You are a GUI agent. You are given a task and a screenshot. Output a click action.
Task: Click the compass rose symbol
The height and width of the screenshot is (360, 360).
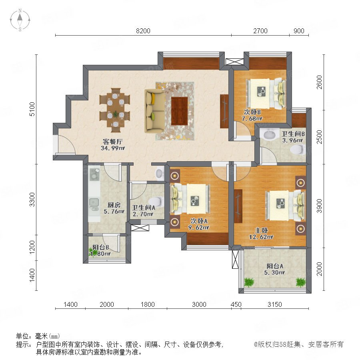click(20, 20)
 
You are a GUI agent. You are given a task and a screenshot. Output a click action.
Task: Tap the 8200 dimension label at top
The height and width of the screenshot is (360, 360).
click(143, 31)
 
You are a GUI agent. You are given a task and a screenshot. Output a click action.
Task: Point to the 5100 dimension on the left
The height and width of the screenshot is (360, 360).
click(32, 109)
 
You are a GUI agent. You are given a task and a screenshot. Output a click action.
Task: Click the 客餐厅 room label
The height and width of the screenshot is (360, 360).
click(112, 142)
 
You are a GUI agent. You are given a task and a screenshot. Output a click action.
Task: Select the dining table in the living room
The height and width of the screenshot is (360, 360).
click(114, 110)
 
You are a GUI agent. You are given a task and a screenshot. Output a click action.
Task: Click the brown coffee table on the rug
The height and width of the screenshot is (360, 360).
click(179, 111)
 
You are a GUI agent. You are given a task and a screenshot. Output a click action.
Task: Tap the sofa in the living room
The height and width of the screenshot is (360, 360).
click(154, 111)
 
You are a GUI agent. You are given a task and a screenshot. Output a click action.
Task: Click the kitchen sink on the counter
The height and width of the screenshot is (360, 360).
click(94, 204)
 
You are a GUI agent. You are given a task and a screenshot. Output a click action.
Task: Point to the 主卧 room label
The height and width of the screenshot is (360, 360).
click(261, 230)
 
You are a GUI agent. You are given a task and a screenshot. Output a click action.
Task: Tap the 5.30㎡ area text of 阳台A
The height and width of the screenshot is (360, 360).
click(274, 272)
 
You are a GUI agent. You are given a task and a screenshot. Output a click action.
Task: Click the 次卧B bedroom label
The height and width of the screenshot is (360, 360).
click(252, 112)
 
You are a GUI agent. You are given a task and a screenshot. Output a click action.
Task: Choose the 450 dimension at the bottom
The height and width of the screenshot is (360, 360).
click(236, 304)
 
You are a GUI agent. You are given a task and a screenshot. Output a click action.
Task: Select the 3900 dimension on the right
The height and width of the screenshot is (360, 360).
click(319, 206)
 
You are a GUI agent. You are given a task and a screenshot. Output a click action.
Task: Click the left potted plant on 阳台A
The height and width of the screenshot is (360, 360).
click(249, 282)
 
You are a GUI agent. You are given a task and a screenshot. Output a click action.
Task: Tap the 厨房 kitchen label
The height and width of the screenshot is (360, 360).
click(114, 205)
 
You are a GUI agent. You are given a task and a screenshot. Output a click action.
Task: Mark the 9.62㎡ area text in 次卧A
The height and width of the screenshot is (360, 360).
click(198, 228)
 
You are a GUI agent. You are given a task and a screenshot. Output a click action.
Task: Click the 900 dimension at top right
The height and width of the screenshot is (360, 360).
click(299, 31)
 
